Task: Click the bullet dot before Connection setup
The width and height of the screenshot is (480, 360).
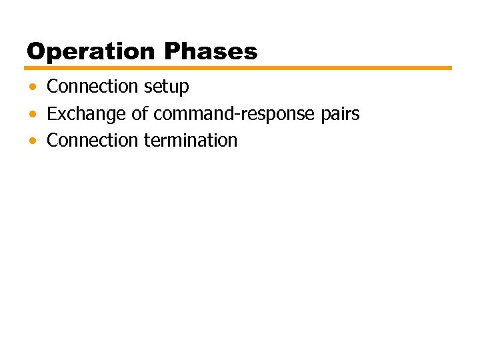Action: tap(33, 87)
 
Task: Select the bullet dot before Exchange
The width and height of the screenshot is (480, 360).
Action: tap(33, 115)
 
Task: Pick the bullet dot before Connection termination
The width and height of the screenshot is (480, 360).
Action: tap(33, 141)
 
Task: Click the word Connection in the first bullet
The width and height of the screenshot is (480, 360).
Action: tap(92, 87)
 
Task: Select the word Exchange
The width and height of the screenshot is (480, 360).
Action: tap(87, 114)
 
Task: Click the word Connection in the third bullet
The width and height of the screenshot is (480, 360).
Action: tap(92, 141)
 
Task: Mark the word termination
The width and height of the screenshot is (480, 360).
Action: tap(190, 141)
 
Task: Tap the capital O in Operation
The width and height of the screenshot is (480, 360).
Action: tap(35, 51)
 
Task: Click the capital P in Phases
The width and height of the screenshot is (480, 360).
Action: tap(172, 51)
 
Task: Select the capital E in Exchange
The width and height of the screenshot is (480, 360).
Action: tap(52, 114)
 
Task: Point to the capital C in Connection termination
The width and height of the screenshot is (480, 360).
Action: tap(53, 141)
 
